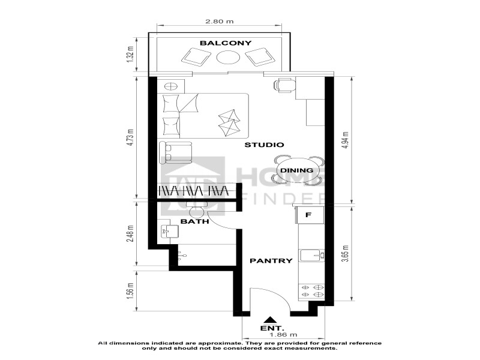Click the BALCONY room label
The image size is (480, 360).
(x=226, y=43)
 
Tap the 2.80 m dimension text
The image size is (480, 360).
(x=219, y=22)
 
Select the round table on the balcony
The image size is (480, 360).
(x=228, y=57)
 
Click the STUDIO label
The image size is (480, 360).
(x=264, y=145)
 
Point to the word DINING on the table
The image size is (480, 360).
(x=296, y=170)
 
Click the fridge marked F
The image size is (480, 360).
(x=308, y=215)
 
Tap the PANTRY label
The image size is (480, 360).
(x=271, y=261)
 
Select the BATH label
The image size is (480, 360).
(x=194, y=221)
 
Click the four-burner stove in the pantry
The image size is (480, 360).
(x=312, y=291)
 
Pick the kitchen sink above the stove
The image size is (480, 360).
(x=312, y=256)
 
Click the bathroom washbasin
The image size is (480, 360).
(x=169, y=231)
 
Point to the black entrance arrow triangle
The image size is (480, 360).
(x=269, y=320)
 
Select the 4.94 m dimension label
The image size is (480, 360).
(x=346, y=140)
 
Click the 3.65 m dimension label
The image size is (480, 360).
(x=346, y=253)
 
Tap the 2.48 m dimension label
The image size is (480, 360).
(x=131, y=234)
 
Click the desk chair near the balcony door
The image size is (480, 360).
(x=284, y=85)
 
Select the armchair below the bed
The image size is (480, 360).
(x=175, y=152)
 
